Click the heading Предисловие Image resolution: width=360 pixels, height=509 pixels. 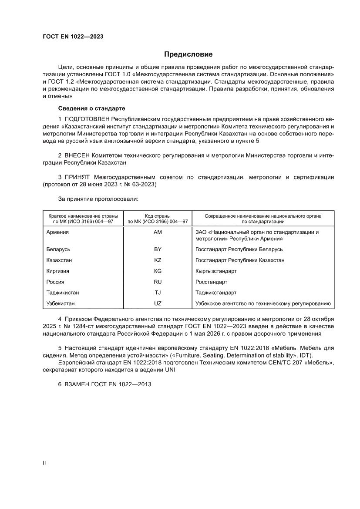188,54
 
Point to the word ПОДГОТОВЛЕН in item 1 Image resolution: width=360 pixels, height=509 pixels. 87,119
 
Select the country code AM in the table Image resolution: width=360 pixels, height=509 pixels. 158,232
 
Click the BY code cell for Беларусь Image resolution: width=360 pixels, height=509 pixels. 158,249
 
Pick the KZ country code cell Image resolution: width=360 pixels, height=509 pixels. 158,260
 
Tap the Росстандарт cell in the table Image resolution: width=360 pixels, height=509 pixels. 212,282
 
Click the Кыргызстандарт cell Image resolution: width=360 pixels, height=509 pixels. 216,271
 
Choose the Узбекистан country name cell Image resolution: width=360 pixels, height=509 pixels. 61,303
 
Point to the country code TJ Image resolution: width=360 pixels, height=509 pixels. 158,293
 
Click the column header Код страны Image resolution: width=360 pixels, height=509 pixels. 158,216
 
